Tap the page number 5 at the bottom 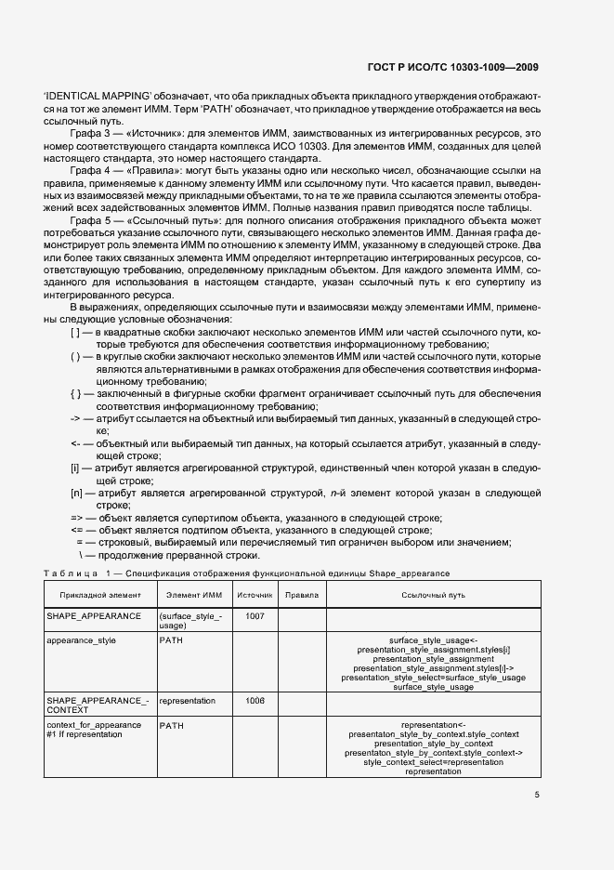tap(537, 794)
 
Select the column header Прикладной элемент tap(100, 594)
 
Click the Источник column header tap(254, 594)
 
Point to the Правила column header tap(302, 594)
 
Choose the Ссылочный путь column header tap(432, 594)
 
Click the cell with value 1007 tap(254, 616)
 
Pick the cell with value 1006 tap(254, 701)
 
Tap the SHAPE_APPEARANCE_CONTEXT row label tap(98, 705)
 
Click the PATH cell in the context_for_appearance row tap(173, 724)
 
